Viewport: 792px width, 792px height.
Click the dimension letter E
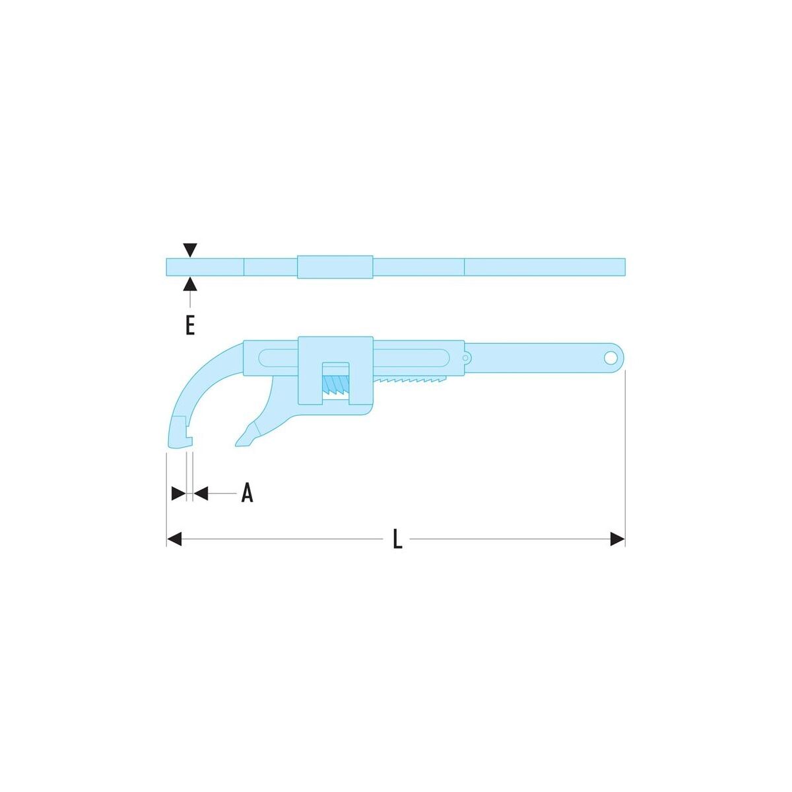[190, 326]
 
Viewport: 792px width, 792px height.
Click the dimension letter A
[247, 493]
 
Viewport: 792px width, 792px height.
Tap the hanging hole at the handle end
[610, 358]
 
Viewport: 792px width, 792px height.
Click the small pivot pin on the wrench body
[465, 358]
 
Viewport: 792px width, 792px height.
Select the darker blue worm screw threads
[336, 385]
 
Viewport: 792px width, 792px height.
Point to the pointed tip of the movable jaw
[238, 444]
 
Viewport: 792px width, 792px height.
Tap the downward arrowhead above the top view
[190, 250]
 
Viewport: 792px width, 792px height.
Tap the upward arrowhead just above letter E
[190, 284]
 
